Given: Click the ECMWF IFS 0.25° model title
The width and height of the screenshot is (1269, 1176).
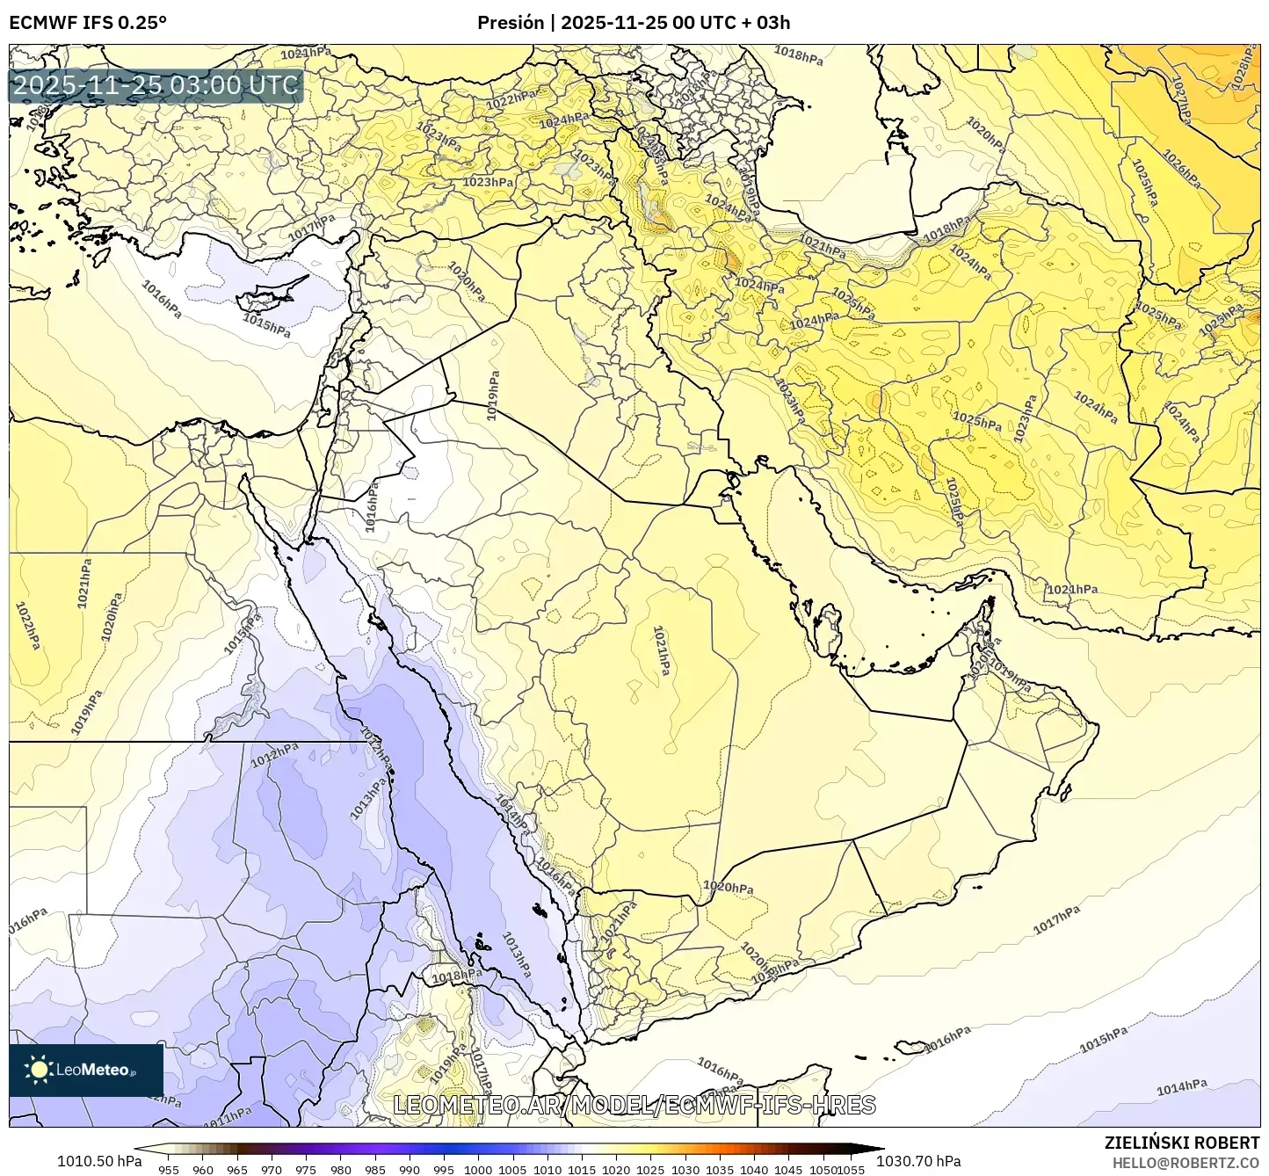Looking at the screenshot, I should pyautogui.click(x=87, y=23).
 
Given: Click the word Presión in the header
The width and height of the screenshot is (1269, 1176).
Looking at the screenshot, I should pyautogui.click(x=511, y=23).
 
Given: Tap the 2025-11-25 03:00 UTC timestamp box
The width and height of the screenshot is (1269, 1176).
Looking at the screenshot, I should pyautogui.click(x=156, y=86).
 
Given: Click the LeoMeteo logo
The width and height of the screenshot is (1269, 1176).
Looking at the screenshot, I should pyautogui.click(x=85, y=1070).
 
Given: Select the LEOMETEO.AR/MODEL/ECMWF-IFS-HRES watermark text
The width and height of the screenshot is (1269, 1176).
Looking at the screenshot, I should pyautogui.click(x=634, y=1105).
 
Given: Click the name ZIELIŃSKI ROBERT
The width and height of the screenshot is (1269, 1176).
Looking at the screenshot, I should pyautogui.click(x=1181, y=1143).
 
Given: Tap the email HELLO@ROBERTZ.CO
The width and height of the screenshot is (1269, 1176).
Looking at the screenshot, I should pyautogui.click(x=1186, y=1162).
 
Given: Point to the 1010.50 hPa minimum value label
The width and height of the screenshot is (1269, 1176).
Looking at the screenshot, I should pyautogui.click(x=98, y=1161).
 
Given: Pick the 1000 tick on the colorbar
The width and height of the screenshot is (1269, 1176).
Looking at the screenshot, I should pyautogui.click(x=477, y=1169).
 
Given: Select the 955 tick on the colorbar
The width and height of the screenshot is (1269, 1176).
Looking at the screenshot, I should pyautogui.click(x=168, y=1169).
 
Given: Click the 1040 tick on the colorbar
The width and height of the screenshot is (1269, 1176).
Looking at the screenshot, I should pyautogui.click(x=753, y=1169).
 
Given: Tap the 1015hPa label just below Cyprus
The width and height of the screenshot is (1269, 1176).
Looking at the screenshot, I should pyautogui.click(x=266, y=325).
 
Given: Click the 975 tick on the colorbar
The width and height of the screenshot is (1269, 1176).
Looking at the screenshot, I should pyautogui.click(x=305, y=1169).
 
